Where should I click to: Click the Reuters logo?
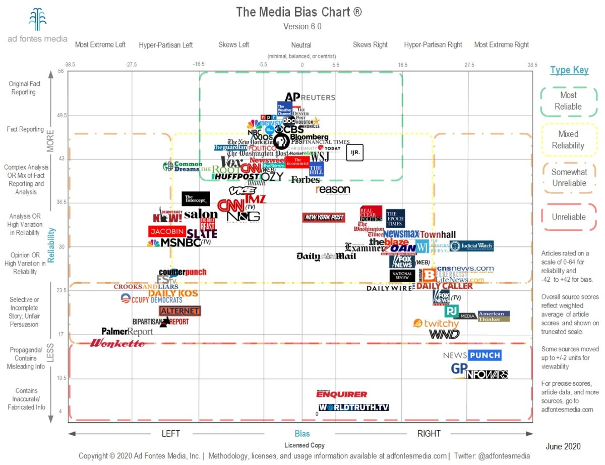[318, 97]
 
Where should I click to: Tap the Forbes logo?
[305, 179]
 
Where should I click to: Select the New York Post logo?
[324, 217]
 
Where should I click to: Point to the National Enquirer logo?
[342, 394]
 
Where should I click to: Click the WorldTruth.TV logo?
[353, 407]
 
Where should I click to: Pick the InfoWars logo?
[487, 375]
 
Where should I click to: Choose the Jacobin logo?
[167, 231]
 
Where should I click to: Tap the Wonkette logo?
[117, 344]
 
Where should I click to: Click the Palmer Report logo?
[127, 332]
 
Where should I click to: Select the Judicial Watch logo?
[472, 246]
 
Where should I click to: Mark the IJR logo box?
[354, 152]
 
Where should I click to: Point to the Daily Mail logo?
[326, 256]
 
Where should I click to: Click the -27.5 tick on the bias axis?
[132, 65]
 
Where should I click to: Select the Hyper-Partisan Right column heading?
[433, 44]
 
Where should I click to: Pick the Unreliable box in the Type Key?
[569, 217]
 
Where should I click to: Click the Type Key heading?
[569, 70]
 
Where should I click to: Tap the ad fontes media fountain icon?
[37, 19]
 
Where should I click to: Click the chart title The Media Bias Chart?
[299, 12]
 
